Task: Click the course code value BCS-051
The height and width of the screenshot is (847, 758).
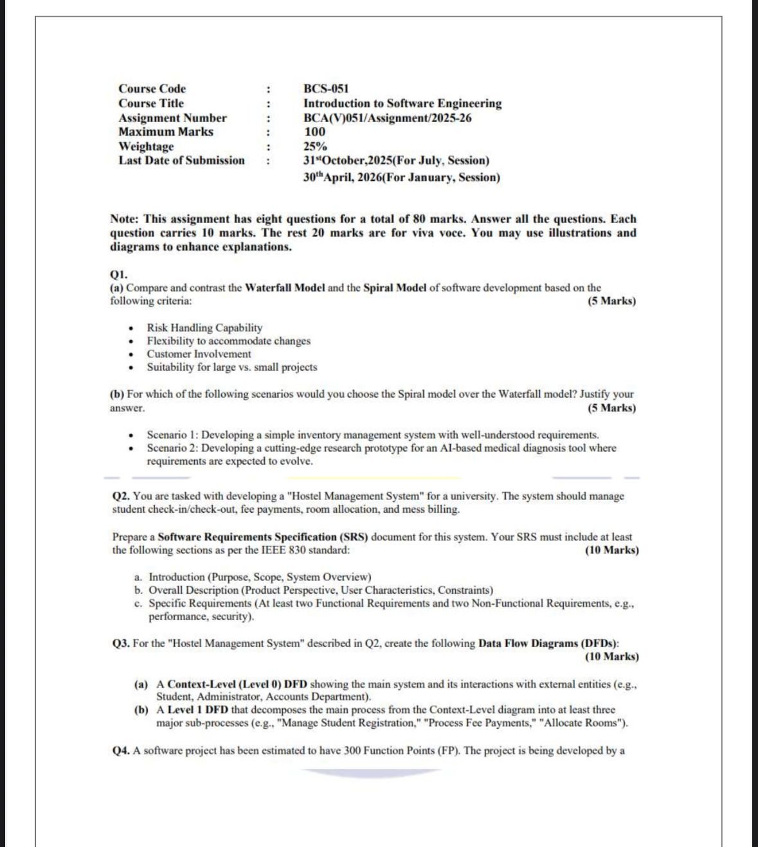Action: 326,89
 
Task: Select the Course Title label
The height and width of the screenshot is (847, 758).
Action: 151,103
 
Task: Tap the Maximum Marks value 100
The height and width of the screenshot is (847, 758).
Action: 315,132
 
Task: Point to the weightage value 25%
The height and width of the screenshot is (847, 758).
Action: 315,147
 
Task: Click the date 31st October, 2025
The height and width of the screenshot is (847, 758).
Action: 347,161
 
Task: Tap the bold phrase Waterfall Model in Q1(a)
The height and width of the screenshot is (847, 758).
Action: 285,288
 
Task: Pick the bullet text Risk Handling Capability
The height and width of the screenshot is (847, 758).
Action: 204,328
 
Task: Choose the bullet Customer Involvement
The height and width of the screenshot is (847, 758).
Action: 199,354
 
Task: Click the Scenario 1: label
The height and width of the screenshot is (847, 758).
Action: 172,435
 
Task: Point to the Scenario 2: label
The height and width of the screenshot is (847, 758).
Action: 172,448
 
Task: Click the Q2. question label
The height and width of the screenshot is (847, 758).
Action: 121,496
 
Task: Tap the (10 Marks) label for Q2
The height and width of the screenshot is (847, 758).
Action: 611,550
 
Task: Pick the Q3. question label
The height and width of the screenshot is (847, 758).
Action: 121,643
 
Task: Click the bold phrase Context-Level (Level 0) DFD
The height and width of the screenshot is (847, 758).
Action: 237,684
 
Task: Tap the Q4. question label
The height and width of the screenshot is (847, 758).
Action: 121,751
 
